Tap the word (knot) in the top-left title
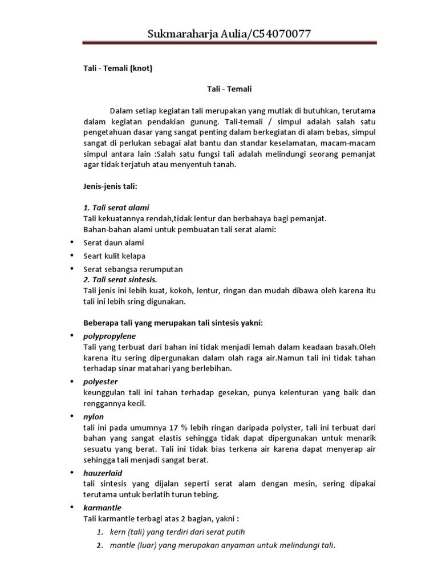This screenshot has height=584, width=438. click(142, 69)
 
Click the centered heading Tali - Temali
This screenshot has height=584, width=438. click(229, 89)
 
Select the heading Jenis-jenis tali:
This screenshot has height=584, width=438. click(109, 187)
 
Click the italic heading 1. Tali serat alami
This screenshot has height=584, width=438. click(116, 207)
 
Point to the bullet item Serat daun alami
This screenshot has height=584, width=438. click(113, 242)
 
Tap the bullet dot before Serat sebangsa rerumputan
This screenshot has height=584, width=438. click(71, 268)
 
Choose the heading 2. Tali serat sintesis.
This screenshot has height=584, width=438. click(120, 280)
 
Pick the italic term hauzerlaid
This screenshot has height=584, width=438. click(103, 473)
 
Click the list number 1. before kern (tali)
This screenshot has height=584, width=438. click(99, 532)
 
